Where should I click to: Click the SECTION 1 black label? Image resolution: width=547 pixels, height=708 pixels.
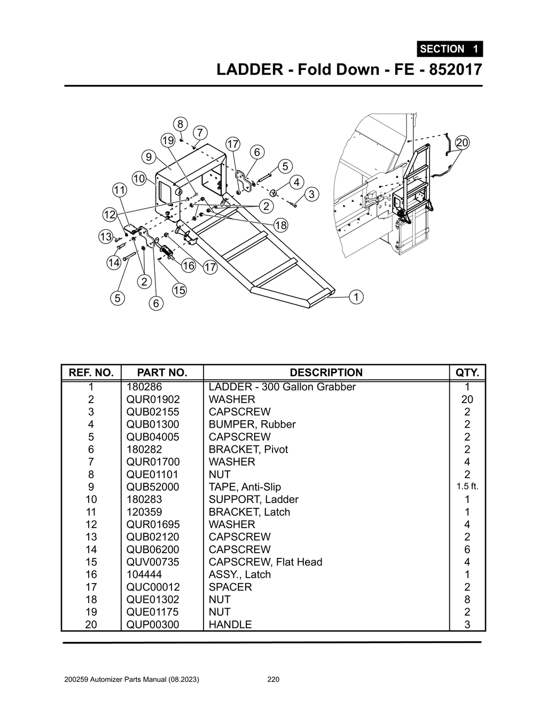[449, 49]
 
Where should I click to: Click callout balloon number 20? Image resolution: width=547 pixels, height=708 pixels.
[462, 143]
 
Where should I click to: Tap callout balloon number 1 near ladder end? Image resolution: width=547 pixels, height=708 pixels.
[356, 297]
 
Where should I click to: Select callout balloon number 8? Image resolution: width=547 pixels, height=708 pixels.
[181, 124]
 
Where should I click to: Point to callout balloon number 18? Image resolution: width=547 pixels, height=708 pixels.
[280, 225]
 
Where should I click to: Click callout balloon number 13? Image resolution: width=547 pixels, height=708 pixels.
[106, 237]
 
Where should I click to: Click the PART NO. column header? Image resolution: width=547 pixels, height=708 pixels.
[162, 373]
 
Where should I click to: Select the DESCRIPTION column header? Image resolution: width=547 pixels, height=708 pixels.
[326, 373]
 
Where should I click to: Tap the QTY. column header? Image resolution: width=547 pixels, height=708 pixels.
[467, 373]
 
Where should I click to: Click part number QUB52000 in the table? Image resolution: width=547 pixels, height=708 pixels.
[153, 487]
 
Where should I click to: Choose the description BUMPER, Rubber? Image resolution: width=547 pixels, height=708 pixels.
[252, 424]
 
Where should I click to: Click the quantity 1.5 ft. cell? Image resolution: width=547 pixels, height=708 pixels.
[467, 486]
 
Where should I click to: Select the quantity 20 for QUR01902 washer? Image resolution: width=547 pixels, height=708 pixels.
[467, 399]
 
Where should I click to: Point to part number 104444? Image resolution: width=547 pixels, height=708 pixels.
[144, 575]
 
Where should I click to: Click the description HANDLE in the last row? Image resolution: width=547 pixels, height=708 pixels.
[230, 624]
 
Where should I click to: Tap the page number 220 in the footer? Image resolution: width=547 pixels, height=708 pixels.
[273, 680]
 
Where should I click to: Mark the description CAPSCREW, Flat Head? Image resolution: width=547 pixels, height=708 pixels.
[265, 562]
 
